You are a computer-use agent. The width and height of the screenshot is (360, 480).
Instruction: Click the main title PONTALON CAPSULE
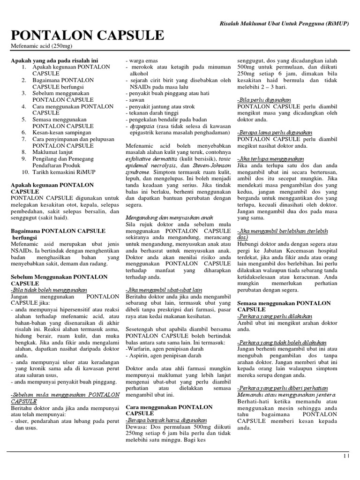click(87, 36)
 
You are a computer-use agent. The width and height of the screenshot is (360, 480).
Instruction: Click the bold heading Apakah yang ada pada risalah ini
click(54, 60)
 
